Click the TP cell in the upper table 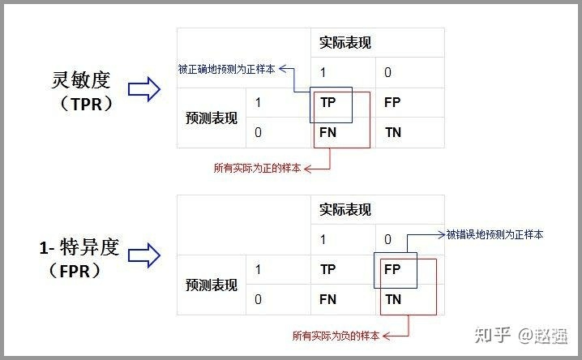pyautogui.click(x=328, y=103)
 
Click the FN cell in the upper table pyautogui.click(x=328, y=132)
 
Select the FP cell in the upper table pyautogui.click(x=392, y=103)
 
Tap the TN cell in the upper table pyautogui.click(x=392, y=132)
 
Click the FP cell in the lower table pyautogui.click(x=392, y=269)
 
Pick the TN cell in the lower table pyautogui.click(x=392, y=299)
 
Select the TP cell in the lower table pyautogui.click(x=328, y=269)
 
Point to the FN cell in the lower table pyautogui.click(x=328, y=299)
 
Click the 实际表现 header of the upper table pyautogui.click(x=346, y=43)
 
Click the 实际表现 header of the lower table pyautogui.click(x=346, y=210)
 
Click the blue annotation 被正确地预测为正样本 pyautogui.click(x=226, y=70)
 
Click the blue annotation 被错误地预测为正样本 pyautogui.click(x=495, y=234)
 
